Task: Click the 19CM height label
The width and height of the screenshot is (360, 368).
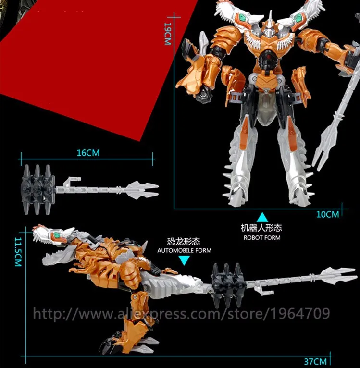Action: pyautogui.click(x=167, y=35)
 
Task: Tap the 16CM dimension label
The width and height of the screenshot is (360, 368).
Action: pyautogui.click(x=87, y=153)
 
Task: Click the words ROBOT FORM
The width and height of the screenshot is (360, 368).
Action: pyautogui.click(x=262, y=237)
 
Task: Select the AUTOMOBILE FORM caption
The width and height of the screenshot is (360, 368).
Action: pyautogui.click(x=185, y=250)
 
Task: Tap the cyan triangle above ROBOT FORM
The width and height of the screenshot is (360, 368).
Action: pyautogui.click(x=262, y=217)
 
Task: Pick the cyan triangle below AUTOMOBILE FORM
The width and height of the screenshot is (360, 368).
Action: pyautogui.click(x=185, y=260)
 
